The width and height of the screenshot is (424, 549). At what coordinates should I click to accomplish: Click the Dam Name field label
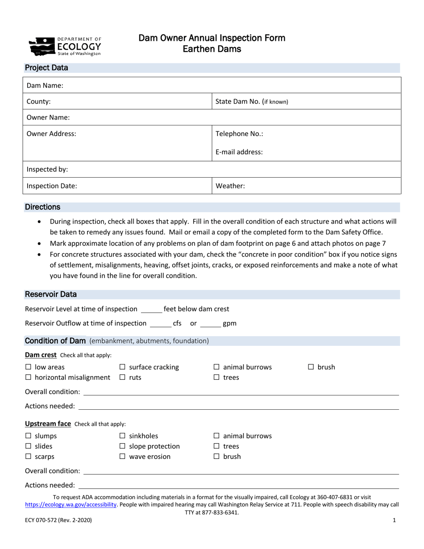(x=45, y=85)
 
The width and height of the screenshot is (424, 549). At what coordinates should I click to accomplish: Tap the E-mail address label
(x=239, y=152)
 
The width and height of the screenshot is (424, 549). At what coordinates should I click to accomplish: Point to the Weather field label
(x=230, y=186)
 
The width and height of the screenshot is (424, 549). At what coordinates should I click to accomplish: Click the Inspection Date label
(x=52, y=186)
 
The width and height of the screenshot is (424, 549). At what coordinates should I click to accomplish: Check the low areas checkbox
(x=28, y=367)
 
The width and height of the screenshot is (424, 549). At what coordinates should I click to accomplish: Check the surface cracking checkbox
(x=122, y=367)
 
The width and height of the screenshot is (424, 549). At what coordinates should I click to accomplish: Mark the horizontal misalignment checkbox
(x=28, y=378)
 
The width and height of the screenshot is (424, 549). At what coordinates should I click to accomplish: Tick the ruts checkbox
(x=122, y=378)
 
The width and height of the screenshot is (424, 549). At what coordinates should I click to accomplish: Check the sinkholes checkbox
(x=122, y=436)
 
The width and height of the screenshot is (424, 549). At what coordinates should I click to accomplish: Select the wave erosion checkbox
(x=122, y=457)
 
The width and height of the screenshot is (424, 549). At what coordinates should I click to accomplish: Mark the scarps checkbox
(x=28, y=457)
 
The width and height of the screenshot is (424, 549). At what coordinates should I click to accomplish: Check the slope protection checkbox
(x=122, y=446)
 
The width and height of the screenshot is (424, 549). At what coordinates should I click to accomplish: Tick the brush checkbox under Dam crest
(x=311, y=367)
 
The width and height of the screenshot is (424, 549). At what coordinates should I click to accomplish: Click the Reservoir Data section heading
(x=50, y=295)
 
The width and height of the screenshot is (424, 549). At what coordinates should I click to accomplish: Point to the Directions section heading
(x=42, y=207)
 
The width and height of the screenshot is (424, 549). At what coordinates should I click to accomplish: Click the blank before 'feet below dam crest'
(x=151, y=309)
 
